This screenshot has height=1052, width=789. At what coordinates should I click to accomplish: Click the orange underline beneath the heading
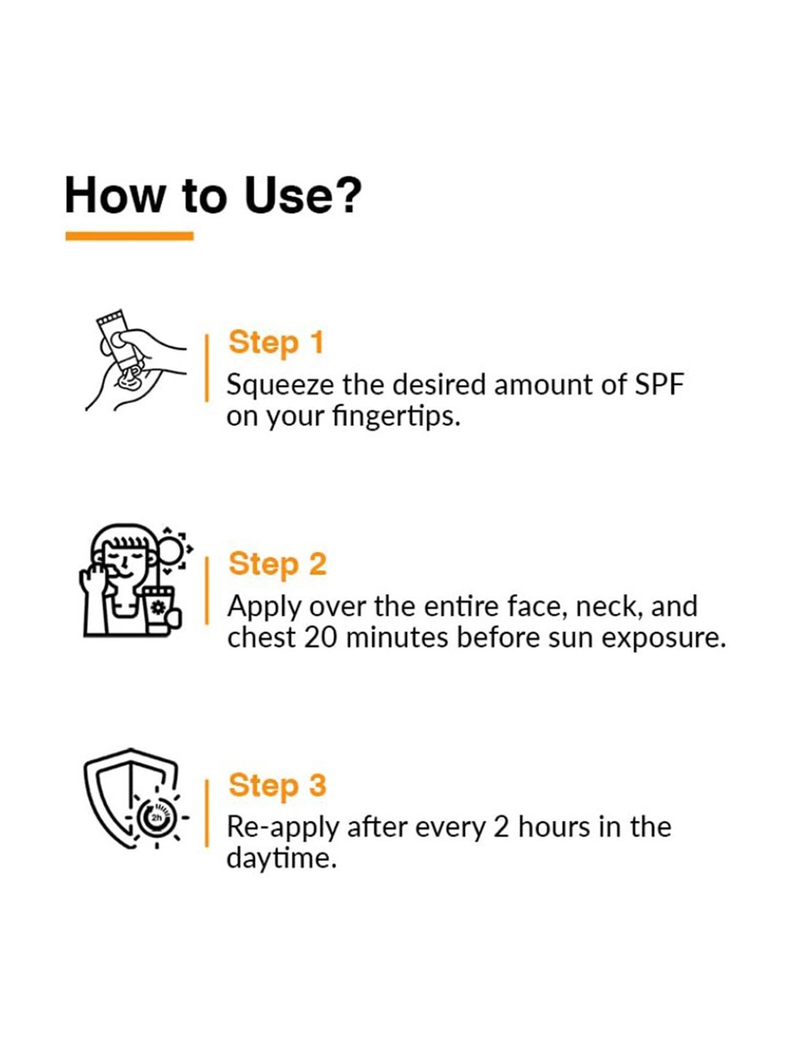[x=129, y=236]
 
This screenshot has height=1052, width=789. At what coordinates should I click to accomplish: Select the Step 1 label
[x=276, y=343]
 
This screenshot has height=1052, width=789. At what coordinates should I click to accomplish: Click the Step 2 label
[x=278, y=564]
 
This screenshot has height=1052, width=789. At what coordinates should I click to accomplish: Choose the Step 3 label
[x=278, y=786]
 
